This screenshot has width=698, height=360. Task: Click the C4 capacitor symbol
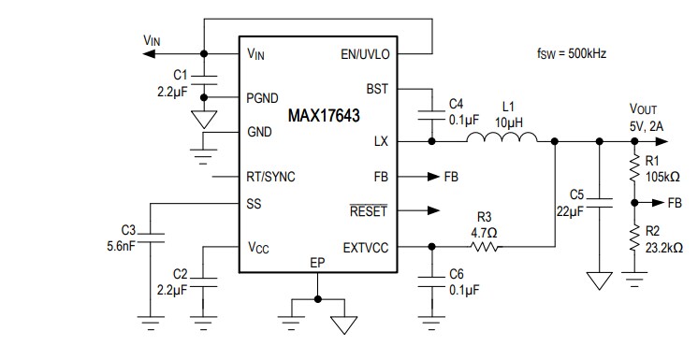coord(431,114)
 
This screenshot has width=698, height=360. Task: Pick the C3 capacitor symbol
coord(151,236)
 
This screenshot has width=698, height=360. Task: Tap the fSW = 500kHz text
coord(572,53)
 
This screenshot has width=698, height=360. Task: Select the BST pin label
coord(378,89)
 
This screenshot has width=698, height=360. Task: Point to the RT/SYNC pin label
coord(271,177)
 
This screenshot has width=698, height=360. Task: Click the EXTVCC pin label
coord(367,247)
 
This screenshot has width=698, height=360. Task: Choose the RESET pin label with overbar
coord(368,211)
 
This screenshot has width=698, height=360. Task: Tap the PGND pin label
coord(264,96)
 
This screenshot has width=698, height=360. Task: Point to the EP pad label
coord(318,264)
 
